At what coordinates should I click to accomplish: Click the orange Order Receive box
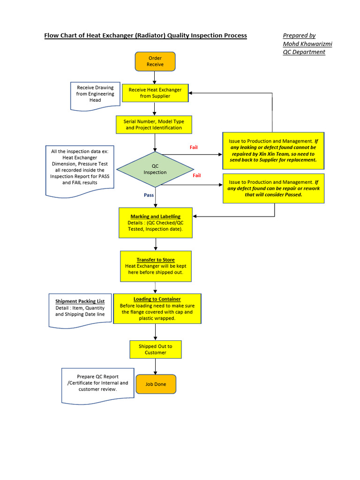point(155,61)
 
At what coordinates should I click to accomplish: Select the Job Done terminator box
point(156,384)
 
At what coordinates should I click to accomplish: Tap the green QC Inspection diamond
point(155,169)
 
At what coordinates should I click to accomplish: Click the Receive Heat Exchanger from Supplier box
point(155,93)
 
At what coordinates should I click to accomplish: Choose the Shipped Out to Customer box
point(155,349)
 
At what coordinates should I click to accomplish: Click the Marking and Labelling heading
point(155,217)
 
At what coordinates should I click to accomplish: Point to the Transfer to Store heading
point(156,260)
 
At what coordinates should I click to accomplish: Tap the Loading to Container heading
point(157,299)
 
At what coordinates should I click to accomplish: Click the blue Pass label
point(149,195)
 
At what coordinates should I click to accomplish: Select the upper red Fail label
point(194,147)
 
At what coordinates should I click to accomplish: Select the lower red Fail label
point(197,175)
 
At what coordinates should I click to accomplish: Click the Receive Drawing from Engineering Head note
point(95,94)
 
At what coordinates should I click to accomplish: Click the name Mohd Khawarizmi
point(307,44)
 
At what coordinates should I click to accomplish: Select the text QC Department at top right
point(304,52)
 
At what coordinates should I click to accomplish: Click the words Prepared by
point(299,36)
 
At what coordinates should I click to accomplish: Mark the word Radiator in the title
point(148,36)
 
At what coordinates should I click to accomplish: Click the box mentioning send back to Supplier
point(273,150)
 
